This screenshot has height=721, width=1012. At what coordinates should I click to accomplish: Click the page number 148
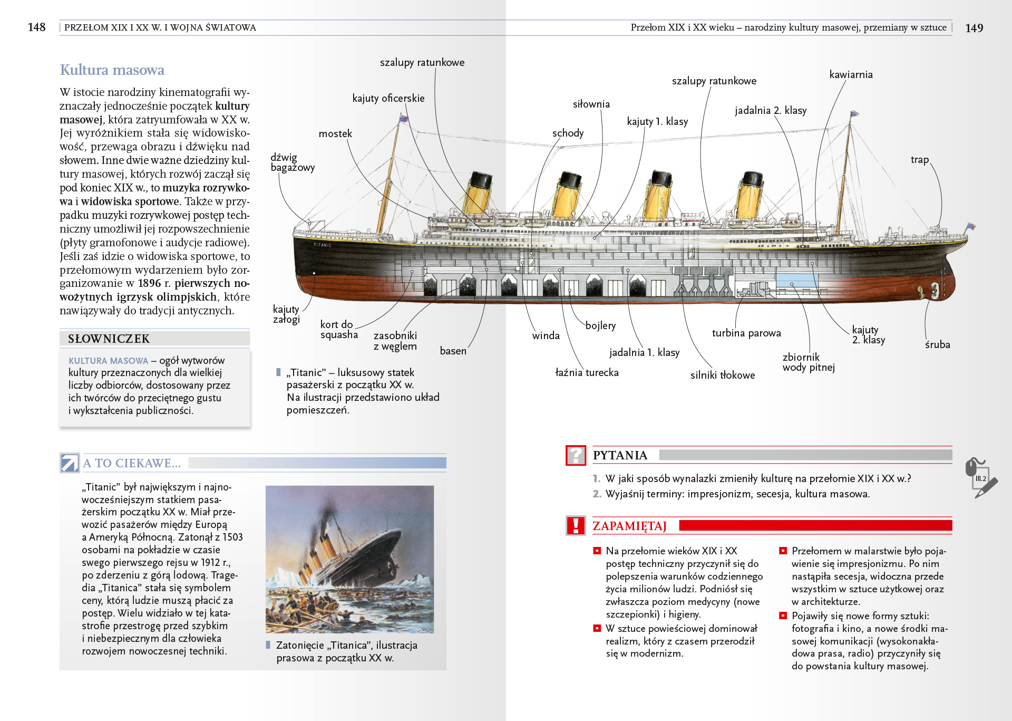pos(36,27)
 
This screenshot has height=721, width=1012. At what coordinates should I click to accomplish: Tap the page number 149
pos(974,28)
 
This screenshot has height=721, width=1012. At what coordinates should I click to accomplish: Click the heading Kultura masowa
pos(112,70)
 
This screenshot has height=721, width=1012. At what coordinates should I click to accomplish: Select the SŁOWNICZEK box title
pos(109,339)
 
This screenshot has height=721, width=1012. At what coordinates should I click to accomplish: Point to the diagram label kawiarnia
pos(851,75)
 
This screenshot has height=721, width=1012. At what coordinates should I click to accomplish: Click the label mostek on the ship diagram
pos(335,134)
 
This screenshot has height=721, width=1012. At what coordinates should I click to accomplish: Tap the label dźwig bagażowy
pos(292,162)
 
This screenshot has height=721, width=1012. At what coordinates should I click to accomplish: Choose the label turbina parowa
pos(746,333)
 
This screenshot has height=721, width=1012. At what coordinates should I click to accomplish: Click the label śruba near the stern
pos(937,345)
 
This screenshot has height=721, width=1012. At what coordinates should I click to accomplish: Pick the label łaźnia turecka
pos(587,373)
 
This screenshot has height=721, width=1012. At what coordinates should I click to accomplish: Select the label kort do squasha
pos(338,330)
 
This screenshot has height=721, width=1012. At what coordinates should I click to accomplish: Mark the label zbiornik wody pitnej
pos(808,362)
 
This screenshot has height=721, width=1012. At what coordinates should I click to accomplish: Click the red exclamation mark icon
pos(576,526)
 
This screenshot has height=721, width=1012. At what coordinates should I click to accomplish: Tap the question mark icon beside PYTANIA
pos(576,455)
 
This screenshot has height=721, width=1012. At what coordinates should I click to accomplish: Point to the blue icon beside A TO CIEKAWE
pos(70,463)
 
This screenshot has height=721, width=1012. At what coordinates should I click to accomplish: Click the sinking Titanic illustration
pos(349,559)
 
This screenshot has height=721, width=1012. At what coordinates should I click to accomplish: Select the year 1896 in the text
pos(149,284)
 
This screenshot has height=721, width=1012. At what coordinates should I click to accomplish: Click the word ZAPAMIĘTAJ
pos(629,526)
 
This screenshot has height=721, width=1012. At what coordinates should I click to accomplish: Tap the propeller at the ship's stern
pos(933,290)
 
